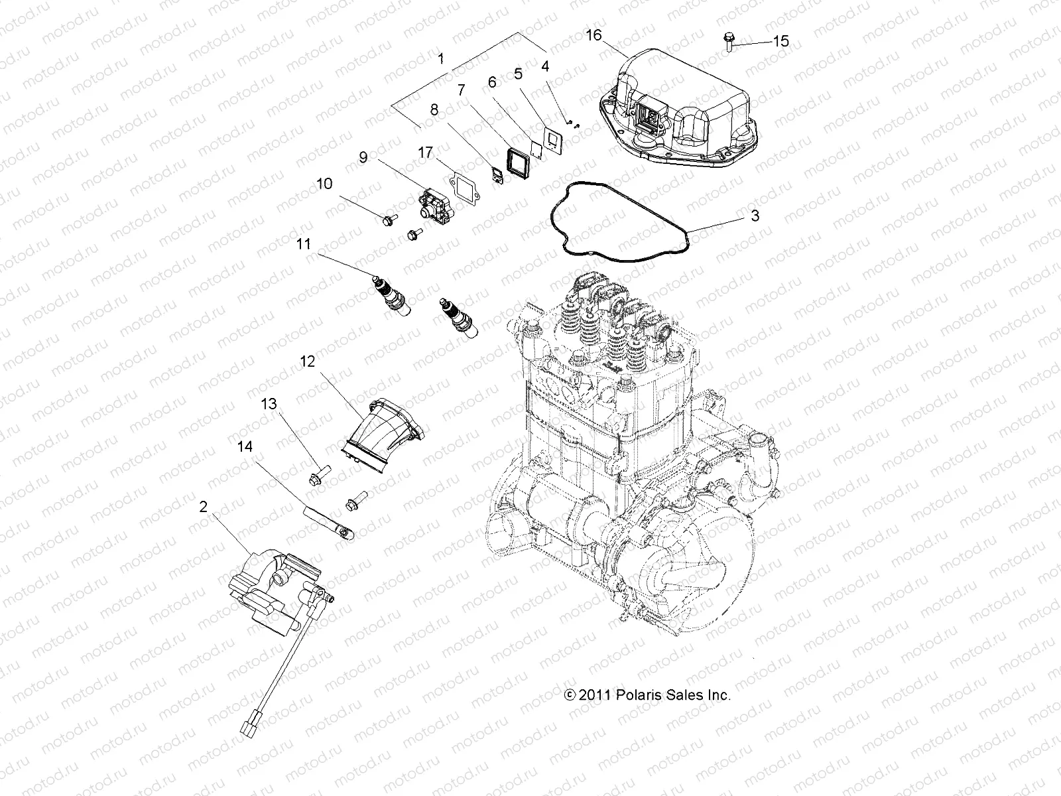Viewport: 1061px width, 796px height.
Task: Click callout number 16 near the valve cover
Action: coord(593,34)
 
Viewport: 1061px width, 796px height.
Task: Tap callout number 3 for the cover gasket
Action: coord(755,216)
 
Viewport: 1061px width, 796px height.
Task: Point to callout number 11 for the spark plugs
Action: coord(303,244)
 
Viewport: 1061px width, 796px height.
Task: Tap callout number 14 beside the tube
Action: coord(245,447)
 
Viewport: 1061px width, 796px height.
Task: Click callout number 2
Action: coord(203,507)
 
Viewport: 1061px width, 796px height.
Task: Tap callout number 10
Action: coord(324,184)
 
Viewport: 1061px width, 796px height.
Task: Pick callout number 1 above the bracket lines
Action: coord(441,58)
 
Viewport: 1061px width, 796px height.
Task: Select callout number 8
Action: coord(434,110)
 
